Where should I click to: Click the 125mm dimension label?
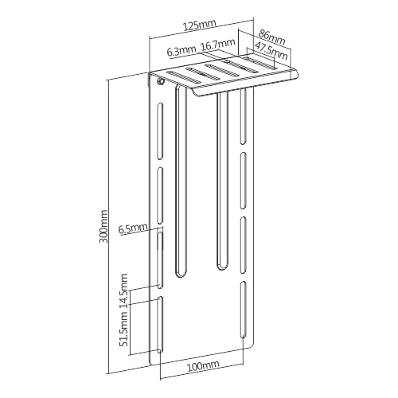[x=200, y=25]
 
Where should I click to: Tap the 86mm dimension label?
[x=272, y=38]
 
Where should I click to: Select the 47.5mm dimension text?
[x=271, y=51]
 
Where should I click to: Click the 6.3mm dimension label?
[x=181, y=50]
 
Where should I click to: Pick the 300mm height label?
[x=103, y=226]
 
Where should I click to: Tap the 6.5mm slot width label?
[x=133, y=228]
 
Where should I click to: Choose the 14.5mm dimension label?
[x=123, y=291]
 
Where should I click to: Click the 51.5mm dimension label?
[x=123, y=329]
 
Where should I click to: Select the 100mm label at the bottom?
[x=203, y=366]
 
